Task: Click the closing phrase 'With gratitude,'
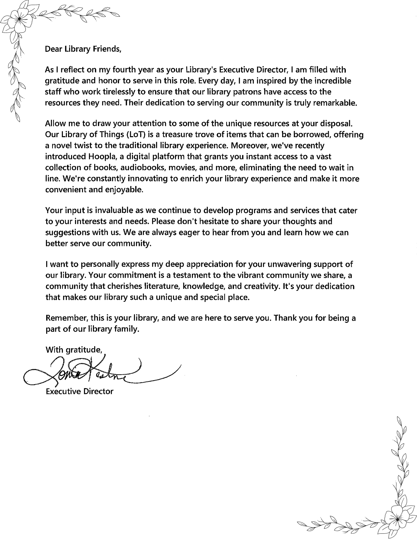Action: tap(74, 350)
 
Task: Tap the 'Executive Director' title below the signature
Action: tap(80, 391)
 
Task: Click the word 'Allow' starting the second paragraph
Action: tap(55, 123)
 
